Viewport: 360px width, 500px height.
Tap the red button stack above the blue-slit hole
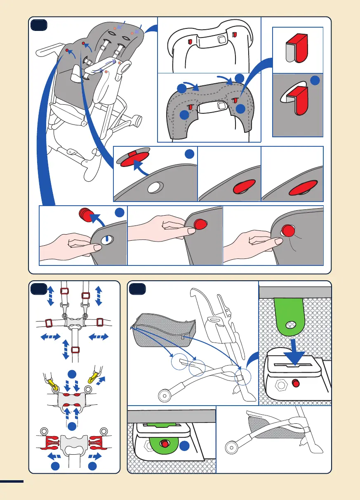click(x=84, y=215)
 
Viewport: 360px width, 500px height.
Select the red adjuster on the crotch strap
click(x=75, y=350)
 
